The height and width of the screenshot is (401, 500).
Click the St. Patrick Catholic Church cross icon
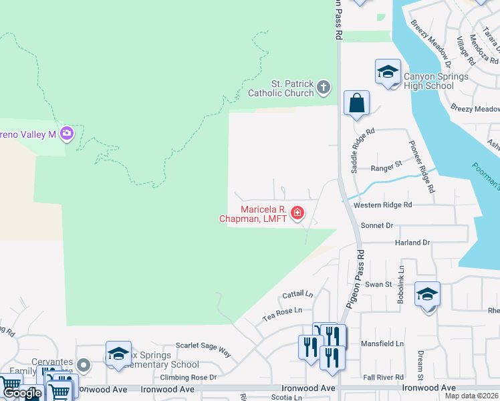coord(324,87)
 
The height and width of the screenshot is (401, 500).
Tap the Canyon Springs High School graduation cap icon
coord(388,72)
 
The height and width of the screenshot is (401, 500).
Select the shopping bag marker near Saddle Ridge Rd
coord(356,104)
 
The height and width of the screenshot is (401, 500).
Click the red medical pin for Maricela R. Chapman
coord(297,214)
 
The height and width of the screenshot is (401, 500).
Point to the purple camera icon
coord(66,133)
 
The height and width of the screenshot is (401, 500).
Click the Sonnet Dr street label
coord(376,226)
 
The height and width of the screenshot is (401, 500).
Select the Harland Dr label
coord(412,242)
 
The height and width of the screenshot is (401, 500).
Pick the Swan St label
coord(378,284)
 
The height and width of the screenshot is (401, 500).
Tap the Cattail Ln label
coord(297,294)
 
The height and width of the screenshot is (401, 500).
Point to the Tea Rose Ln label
coord(282,311)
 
